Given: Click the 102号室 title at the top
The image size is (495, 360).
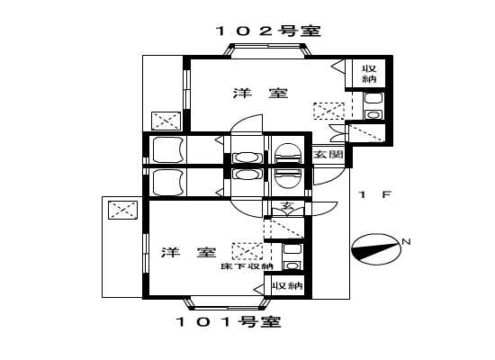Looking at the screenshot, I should coord(267,31).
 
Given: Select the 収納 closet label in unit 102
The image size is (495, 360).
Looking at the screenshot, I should coord(369,75).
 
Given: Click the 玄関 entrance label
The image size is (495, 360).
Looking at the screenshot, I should coord(328,155).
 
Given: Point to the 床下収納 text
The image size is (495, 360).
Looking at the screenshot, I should coord(247,267).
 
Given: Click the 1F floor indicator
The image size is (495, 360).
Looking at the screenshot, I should coord(373,194).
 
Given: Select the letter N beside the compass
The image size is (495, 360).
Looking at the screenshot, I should coord(406,241).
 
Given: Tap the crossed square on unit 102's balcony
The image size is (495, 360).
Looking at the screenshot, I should coord(165,120).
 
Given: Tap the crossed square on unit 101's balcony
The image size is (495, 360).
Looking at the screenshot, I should coord(121,211).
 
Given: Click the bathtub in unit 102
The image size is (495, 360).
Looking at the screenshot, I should coord(168,148).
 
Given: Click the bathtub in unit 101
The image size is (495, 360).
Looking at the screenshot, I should coord(168,182).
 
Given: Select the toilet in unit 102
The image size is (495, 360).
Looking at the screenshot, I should coord(287,155).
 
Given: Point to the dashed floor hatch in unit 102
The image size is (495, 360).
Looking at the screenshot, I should coord(328,111).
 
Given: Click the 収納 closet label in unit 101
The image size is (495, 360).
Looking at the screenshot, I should coord(287,285).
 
